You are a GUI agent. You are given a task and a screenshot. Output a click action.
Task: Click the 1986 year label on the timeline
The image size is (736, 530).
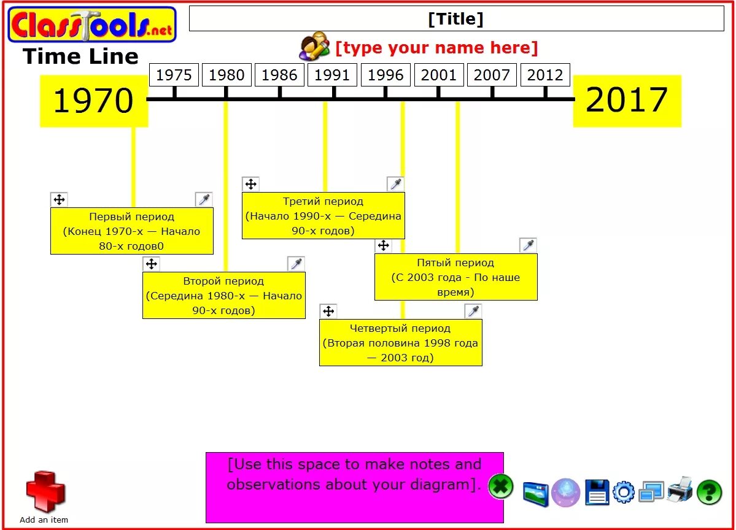(279, 75)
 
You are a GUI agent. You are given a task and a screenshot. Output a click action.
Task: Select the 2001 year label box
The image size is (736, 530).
(439, 75)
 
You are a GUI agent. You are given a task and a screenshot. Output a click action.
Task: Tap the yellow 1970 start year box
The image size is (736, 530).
(93, 101)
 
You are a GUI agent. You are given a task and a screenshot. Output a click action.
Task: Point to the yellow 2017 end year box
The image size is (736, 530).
(627, 101)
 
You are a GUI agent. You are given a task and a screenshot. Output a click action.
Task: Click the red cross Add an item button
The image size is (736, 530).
(45, 492)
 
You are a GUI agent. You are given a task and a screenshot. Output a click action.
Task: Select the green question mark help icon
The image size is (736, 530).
(710, 491)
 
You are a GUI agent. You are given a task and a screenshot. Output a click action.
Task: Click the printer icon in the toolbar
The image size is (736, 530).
(680, 490)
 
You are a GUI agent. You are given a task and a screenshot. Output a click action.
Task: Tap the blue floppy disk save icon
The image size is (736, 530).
(597, 492)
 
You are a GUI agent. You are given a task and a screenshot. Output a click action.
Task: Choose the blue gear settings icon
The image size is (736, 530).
(624, 492)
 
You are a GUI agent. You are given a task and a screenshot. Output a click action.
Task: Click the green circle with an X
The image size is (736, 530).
(501, 488)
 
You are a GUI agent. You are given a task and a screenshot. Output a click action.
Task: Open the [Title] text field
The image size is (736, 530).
(456, 19)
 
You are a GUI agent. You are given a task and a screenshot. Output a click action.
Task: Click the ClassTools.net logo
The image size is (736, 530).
(92, 25)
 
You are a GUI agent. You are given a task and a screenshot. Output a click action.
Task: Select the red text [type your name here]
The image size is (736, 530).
(436, 48)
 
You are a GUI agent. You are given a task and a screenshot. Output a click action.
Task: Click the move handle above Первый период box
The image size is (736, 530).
(59, 199)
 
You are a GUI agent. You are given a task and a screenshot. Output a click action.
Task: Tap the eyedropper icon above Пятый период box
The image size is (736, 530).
(528, 245)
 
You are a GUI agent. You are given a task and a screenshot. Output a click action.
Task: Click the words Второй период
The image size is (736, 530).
(223, 281)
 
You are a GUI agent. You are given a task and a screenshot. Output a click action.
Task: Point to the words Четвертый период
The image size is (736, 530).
(400, 328)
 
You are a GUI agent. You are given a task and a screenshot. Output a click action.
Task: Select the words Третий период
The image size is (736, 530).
(323, 201)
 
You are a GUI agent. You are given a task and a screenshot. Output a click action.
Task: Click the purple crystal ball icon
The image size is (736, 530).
(565, 492)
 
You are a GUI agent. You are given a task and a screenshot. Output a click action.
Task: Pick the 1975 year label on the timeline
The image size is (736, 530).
(174, 75)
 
